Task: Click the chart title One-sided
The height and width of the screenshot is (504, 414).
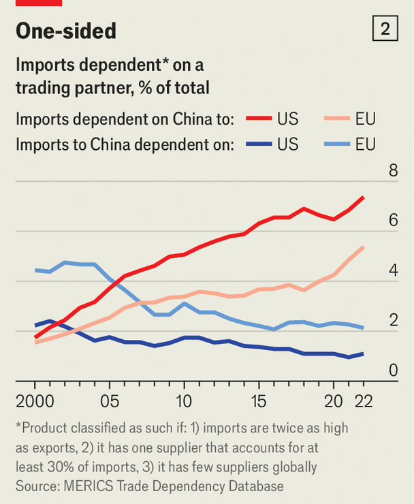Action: coord(66,31)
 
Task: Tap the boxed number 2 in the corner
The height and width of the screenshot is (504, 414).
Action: coord(385,29)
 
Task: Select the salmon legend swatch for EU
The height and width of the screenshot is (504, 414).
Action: coord(336,119)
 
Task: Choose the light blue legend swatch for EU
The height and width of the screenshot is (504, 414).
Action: coord(336,144)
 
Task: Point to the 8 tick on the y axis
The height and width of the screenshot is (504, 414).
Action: coord(393,170)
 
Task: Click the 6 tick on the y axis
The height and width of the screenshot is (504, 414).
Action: coord(393,220)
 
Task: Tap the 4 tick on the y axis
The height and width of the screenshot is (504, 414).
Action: coord(393,270)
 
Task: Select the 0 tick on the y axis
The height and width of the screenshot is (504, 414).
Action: coord(393,371)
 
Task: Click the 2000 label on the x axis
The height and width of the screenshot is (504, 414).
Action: coord(35,400)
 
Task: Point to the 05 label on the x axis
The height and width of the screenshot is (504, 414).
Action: coord(110,400)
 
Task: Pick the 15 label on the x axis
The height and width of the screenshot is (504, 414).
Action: coord(258,400)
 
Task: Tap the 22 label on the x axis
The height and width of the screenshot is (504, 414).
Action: coord(362,400)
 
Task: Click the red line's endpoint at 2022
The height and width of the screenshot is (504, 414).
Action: coord(363,198)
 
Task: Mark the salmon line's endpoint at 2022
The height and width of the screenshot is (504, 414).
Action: coord(363,247)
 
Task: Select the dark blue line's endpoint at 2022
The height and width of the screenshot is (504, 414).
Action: coord(363,353)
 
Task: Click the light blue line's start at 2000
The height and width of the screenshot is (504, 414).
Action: coord(35,270)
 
